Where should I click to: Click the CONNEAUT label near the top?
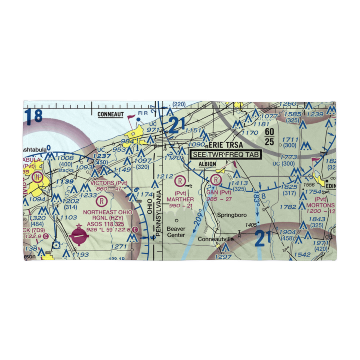pos(111,114)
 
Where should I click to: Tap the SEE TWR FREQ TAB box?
pos(226,154)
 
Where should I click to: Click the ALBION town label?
pos(207,164)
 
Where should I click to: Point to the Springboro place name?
pos(232,215)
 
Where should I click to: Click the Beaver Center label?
pos(176,232)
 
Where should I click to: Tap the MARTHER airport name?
pos(180,199)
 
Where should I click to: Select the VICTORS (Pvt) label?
pos(109,183)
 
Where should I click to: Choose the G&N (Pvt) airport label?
pos(218,192)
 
